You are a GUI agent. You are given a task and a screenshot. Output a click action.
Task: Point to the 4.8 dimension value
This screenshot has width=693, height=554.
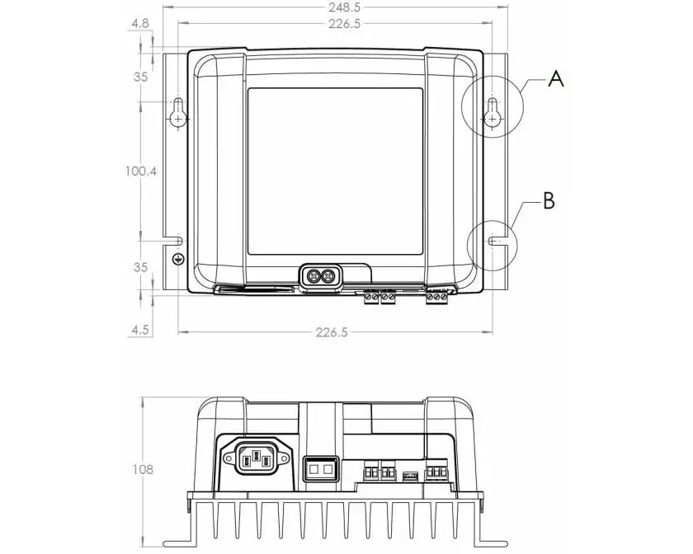[139, 24]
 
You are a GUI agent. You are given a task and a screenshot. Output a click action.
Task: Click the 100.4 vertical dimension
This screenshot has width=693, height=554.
[140, 171]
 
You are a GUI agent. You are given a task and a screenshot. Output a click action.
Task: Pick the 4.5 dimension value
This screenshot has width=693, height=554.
[139, 330]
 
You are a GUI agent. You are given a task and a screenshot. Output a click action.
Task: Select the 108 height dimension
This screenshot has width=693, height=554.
[142, 469]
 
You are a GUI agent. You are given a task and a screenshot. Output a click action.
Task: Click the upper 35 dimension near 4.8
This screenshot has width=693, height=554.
[139, 77]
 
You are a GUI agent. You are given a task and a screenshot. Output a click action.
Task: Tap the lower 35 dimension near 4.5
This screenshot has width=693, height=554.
[139, 267]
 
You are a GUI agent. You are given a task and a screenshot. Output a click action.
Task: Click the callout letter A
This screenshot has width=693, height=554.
[556, 79]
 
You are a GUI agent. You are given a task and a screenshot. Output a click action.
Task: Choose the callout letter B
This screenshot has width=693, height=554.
[549, 200]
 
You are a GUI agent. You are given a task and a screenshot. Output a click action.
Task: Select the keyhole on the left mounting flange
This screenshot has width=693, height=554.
[178, 113]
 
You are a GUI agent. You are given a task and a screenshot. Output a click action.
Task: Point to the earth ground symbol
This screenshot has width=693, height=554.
[177, 259]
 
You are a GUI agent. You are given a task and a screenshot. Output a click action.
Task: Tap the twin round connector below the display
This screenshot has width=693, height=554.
[319, 275]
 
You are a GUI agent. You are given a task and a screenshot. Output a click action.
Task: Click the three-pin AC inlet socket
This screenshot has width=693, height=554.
[254, 456]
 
